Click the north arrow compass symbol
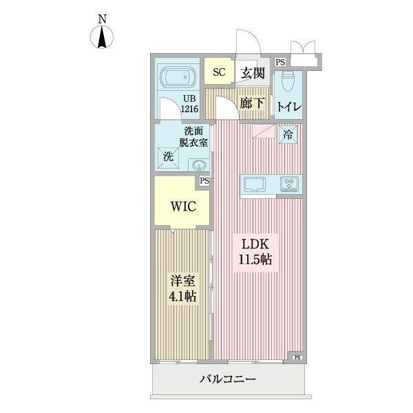[x=102, y=38]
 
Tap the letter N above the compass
[x=102, y=19]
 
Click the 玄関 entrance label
[x=253, y=72]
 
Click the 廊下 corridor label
[x=253, y=104]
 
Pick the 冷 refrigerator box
[x=288, y=134]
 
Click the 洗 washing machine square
[x=168, y=157]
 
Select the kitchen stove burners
[x=289, y=184]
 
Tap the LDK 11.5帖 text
[x=257, y=253]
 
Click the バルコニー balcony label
[x=229, y=379]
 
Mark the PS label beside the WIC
[x=204, y=182]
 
